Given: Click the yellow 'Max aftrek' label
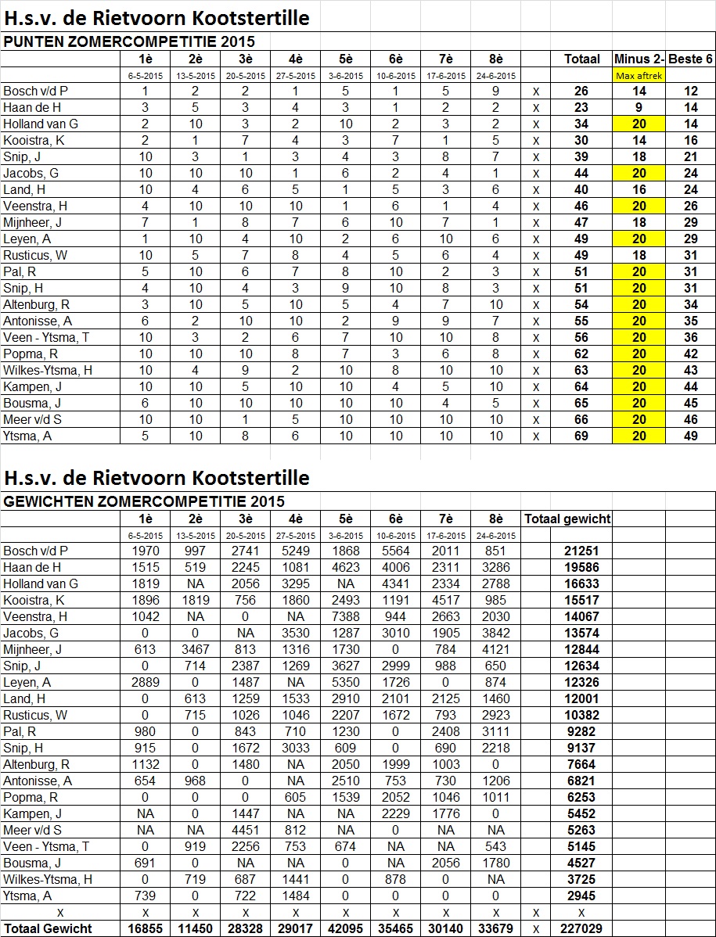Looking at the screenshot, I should [x=639, y=76].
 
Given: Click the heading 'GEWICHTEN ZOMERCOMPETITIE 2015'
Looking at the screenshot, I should [x=144, y=501].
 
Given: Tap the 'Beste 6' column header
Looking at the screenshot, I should [x=690, y=59].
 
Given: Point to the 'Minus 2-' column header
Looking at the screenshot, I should [x=639, y=59].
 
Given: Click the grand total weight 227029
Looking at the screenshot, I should [x=581, y=929].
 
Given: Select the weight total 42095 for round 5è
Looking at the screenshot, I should [x=346, y=929].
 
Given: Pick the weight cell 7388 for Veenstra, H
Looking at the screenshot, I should [x=346, y=616].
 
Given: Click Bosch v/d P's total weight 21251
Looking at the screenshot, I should [x=581, y=551].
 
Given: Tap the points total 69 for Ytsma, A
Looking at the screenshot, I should [x=581, y=436].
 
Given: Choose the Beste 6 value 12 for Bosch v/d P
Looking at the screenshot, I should [x=690, y=92].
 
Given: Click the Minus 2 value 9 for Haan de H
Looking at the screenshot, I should [x=639, y=108].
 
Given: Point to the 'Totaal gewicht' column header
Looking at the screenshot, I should [x=567, y=519].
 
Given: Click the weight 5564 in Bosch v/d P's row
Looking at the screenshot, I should [x=396, y=551].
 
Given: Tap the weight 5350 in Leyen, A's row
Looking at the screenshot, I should [x=346, y=682].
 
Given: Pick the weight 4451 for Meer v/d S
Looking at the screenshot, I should [x=246, y=830].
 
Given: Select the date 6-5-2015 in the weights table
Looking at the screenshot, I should [x=146, y=536].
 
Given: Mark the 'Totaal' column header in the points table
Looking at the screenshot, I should [x=581, y=59].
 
